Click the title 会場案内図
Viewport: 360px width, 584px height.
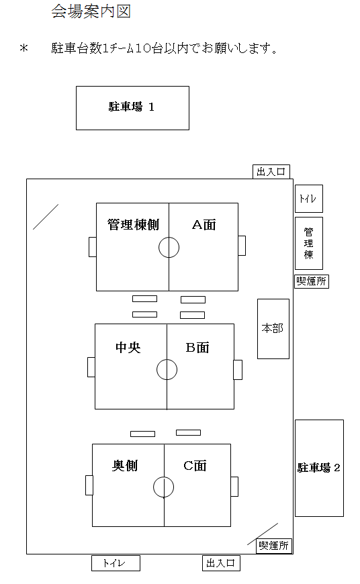(x=91, y=11)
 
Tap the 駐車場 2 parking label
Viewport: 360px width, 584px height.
(x=318, y=467)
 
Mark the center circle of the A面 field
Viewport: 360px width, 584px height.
(x=169, y=237)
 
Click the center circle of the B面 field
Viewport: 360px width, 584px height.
(x=167, y=359)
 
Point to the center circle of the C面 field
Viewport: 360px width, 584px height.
(x=164, y=477)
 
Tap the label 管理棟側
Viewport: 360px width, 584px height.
(x=133, y=225)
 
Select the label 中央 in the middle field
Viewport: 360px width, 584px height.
(x=128, y=347)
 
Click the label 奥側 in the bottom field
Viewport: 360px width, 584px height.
(x=125, y=466)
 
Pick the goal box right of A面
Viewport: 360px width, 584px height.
(x=242, y=246)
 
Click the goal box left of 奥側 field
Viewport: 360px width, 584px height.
(x=89, y=485)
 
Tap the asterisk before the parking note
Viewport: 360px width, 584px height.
(x=24, y=48)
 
